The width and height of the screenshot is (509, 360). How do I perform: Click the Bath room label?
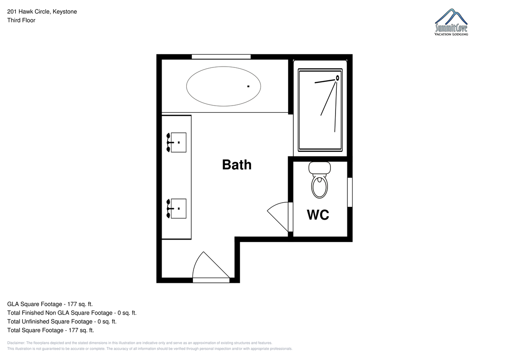point(237,165)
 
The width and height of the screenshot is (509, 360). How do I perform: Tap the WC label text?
point(318,215)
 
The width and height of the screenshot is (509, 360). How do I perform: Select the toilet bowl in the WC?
point(319,187)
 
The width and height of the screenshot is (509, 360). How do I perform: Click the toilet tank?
point(319,167)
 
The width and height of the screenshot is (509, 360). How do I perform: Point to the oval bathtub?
point(224,87)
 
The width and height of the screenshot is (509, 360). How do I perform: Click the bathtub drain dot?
point(249,87)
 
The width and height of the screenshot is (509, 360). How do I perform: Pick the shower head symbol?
point(338,78)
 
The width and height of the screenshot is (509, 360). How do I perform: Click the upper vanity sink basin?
point(179,142)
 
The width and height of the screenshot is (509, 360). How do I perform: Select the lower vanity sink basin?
point(179,209)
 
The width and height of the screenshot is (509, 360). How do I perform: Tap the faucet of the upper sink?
point(169,142)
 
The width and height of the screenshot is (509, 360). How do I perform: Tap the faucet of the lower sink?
point(169,209)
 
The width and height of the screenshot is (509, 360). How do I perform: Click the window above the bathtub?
point(221,57)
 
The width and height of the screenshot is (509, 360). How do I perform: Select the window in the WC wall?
point(350,192)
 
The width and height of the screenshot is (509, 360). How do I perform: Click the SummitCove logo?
point(451,22)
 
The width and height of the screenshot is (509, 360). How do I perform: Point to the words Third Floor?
point(21,20)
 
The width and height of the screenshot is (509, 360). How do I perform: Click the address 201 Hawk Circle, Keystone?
point(42,11)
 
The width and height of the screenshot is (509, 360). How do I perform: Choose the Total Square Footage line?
point(50,330)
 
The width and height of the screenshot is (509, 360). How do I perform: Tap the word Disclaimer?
point(16,343)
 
